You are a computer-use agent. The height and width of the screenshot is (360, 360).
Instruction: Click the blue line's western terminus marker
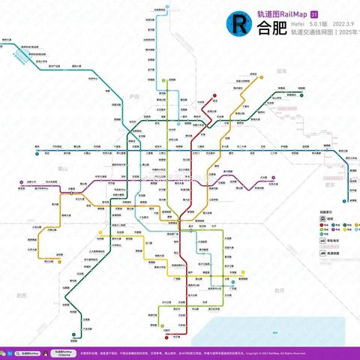[x=35, y=152]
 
